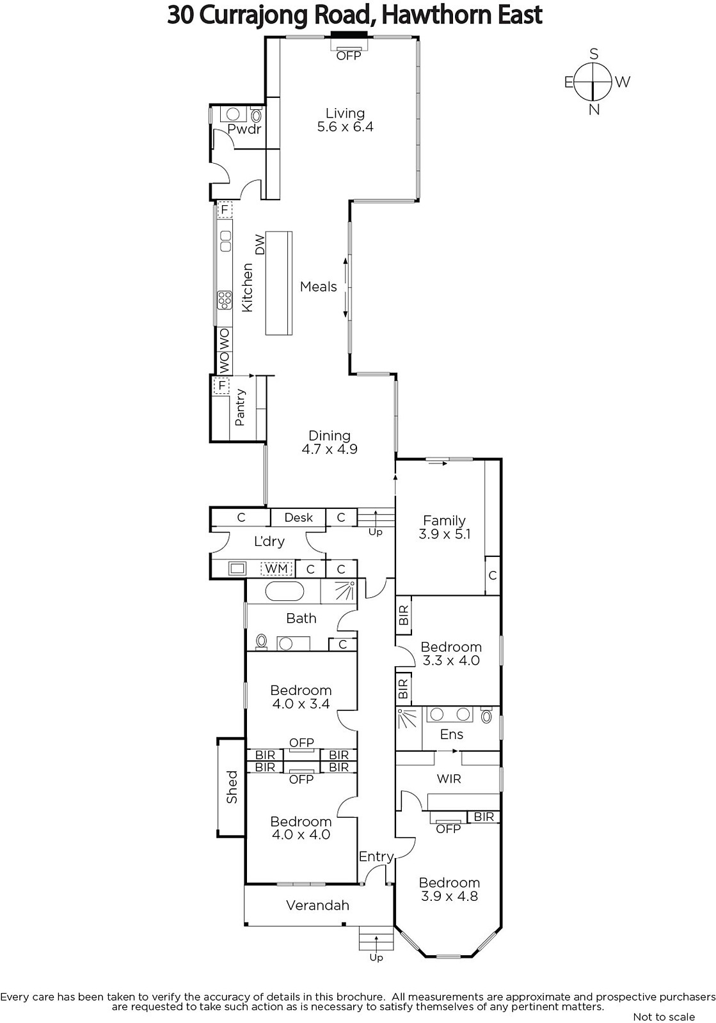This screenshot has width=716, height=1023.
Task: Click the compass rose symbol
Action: pos(593,82)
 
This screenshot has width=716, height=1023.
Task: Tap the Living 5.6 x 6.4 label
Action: pos(345,120)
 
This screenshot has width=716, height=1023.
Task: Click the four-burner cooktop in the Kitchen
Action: pos(225,300)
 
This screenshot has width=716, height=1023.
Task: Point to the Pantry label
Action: pos(240,407)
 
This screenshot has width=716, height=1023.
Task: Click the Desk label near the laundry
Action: pos(298,517)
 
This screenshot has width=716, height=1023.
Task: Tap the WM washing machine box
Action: pos(276,568)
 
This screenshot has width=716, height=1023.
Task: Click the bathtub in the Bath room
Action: pos(285,592)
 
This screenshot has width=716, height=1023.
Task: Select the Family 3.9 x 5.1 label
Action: pos(444,527)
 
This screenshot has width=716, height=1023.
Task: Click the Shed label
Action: pos(232,787)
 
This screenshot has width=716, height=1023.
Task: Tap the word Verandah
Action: pos(317,905)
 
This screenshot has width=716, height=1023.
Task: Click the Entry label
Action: pos(376,857)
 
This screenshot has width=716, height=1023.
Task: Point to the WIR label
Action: pos(449,779)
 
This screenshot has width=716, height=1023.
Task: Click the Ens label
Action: pos(452,734)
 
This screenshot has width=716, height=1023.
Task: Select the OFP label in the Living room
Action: pos(349,56)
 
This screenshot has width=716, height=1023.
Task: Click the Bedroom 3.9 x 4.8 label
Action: pos(449,889)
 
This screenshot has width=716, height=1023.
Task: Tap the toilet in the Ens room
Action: pos(487,715)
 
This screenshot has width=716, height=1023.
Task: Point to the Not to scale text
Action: pos(664,1017)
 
